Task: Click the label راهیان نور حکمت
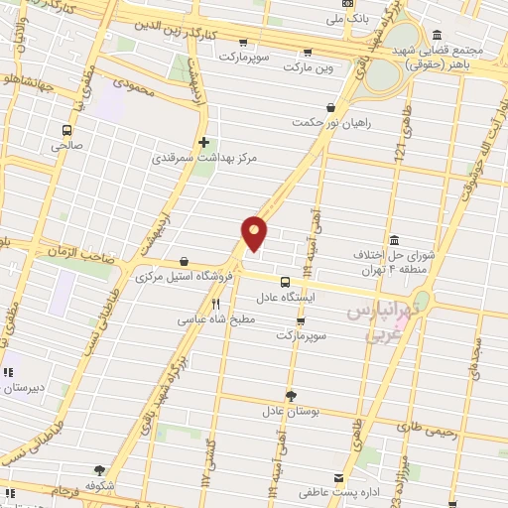point(322,122)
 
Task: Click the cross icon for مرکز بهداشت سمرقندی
point(204,142)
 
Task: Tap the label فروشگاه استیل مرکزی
point(184,275)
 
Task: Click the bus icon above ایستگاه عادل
point(285,282)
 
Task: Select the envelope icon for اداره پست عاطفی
point(338,477)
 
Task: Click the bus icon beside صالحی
point(66,130)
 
